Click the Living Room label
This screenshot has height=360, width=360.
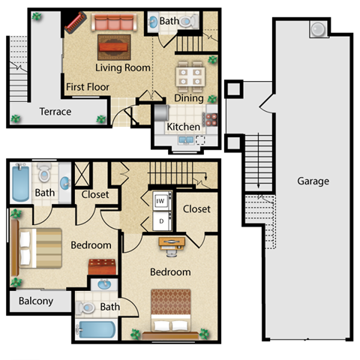pos(123,67)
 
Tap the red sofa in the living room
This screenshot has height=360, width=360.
pos(116,24)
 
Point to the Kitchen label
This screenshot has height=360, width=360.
pos(183,127)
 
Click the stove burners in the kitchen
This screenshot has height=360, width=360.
pos(210,118)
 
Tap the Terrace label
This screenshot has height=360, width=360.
pos(55,112)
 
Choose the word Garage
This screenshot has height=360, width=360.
pos(313,181)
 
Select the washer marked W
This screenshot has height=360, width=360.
pos(161,201)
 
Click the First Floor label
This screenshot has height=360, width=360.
pos(88,87)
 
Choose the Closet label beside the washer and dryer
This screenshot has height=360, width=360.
pos(196,208)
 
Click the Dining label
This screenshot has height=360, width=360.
pos(189,97)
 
